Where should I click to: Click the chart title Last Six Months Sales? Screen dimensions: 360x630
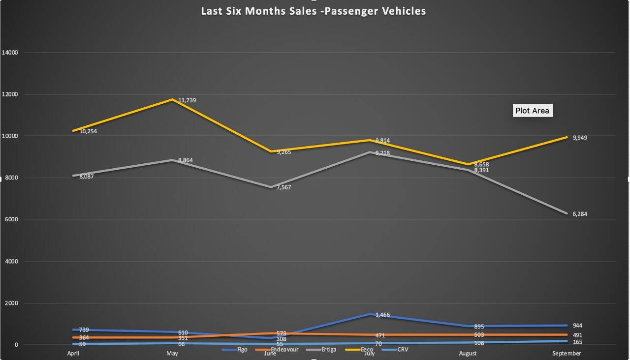tap(314, 11)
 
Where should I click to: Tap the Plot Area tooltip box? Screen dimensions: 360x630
tap(532, 111)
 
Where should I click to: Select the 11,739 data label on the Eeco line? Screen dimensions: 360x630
tap(187, 100)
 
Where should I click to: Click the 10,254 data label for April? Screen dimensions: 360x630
tap(88, 131)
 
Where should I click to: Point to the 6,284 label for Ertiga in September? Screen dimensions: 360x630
tap(580, 214)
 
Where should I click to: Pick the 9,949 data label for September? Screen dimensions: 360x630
tap(580, 138)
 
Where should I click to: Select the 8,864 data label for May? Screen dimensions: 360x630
tap(187, 160)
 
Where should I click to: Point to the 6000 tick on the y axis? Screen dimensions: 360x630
tap(11, 220)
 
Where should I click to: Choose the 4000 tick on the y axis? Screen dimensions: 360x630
tap(11, 262)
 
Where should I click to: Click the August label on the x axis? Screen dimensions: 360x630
tap(467, 354)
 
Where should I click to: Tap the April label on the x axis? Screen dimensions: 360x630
tap(73, 354)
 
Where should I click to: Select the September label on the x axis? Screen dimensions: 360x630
tap(566, 354)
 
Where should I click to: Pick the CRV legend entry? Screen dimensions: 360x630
tap(402, 350)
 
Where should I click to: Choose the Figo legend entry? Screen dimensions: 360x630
tap(242, 350)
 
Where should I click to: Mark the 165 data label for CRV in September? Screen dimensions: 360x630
tap(577, 341)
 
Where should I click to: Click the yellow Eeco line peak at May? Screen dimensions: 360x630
tap(172, 99)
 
